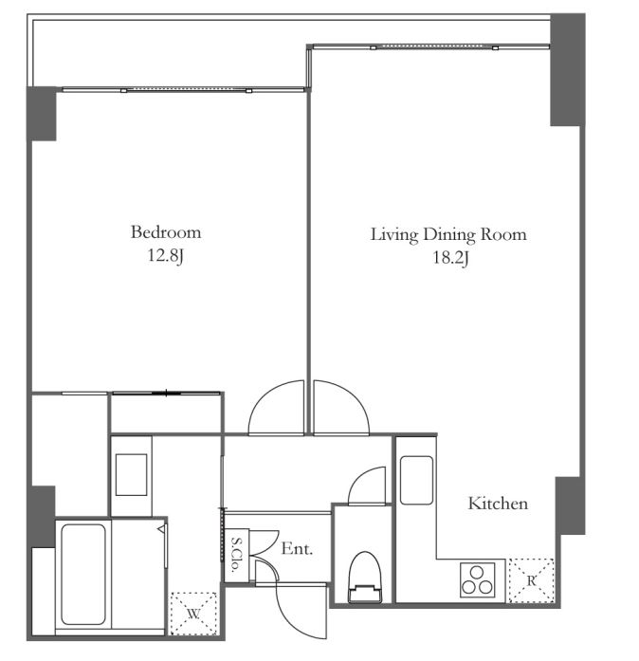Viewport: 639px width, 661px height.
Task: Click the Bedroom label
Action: [166, 232]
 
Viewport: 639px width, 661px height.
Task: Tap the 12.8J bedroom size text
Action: [165, 256]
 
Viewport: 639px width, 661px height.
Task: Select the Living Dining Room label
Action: [448, 235]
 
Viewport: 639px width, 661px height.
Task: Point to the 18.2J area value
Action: [450, 258]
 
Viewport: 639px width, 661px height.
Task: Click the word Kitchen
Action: [498, 504]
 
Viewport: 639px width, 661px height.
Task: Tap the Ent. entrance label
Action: [297, 549]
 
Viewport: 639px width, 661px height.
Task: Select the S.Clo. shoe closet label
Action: [236, 554]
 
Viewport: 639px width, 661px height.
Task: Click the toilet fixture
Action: [365, 578]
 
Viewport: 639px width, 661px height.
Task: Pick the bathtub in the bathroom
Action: [83, 574]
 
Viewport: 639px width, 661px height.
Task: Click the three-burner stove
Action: [477, 580]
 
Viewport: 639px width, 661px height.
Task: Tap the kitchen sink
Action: [416, 480]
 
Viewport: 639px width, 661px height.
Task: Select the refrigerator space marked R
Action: [531, 580]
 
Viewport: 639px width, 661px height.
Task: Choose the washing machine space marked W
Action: [193, 614]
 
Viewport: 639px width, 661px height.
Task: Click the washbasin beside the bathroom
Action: [131, 475]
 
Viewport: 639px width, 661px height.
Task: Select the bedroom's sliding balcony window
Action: [184, 89]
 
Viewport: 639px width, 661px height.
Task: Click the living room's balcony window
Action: [431, 46]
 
